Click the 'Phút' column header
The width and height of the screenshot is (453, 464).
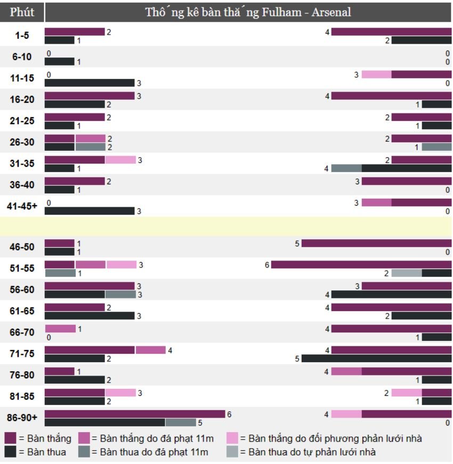pos(22,12)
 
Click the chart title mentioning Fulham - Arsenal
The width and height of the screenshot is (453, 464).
pos(248,12)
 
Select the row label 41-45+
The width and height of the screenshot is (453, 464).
pos(22,206)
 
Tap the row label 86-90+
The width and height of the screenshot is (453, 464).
pos(22,418)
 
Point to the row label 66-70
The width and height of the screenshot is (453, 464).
pos(22,332)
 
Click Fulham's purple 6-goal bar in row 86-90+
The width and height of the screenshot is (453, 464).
pos(135,414)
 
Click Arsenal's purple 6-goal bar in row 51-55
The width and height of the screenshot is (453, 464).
pos(361,265)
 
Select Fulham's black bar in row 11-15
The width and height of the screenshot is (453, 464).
pos(89,83)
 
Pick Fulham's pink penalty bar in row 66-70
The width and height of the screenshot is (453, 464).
pos(60,329)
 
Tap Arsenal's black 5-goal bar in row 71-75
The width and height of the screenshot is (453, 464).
pos(376,359)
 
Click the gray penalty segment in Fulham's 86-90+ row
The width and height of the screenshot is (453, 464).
pos(181,422)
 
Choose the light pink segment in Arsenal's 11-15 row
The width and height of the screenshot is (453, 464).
pos(376,75)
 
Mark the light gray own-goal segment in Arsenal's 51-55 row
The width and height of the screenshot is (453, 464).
pos(407,273)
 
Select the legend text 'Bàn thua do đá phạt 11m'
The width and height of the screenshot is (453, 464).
pos(150,452)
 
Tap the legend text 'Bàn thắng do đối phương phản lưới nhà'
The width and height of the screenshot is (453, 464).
pos(330,438)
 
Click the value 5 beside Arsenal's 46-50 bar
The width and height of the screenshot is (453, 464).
pos(297,243)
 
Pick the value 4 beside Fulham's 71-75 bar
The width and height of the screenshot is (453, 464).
pos(170,351)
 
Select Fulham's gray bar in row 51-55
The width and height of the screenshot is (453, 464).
pos(60,273)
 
